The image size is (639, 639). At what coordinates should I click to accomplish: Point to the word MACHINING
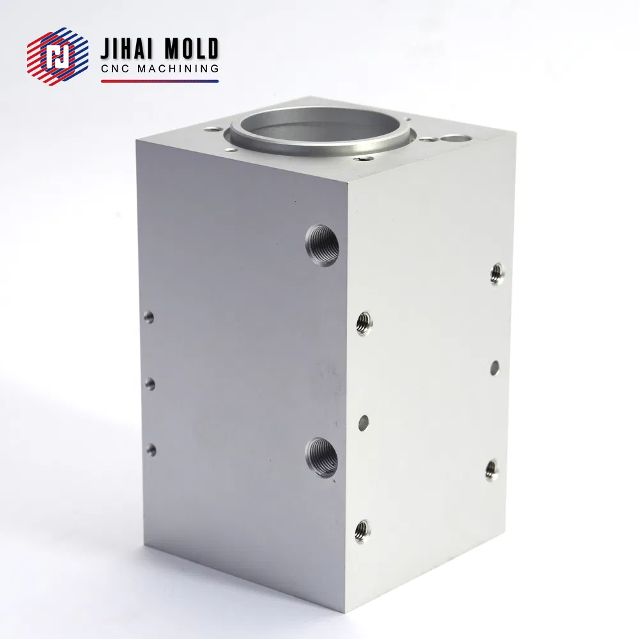pyautogui.click(x=181, y=69)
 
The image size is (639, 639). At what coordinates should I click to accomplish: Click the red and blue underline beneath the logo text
pyautogui.click(x=160, y=81)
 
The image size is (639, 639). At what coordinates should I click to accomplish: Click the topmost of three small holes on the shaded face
pyautogui.click(x=149, y=316)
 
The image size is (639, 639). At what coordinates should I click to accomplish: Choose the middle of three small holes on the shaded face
pyautogui.click(x=151, y=383)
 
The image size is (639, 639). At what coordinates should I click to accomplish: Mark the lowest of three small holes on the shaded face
pyautogui.click(x=151, y=450)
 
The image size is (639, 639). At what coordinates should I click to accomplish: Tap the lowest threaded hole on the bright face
pyautogui.click(x=362, y=530)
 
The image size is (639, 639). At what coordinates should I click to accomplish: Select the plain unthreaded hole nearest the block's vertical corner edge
pyautogui.click(x=364, y=422)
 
